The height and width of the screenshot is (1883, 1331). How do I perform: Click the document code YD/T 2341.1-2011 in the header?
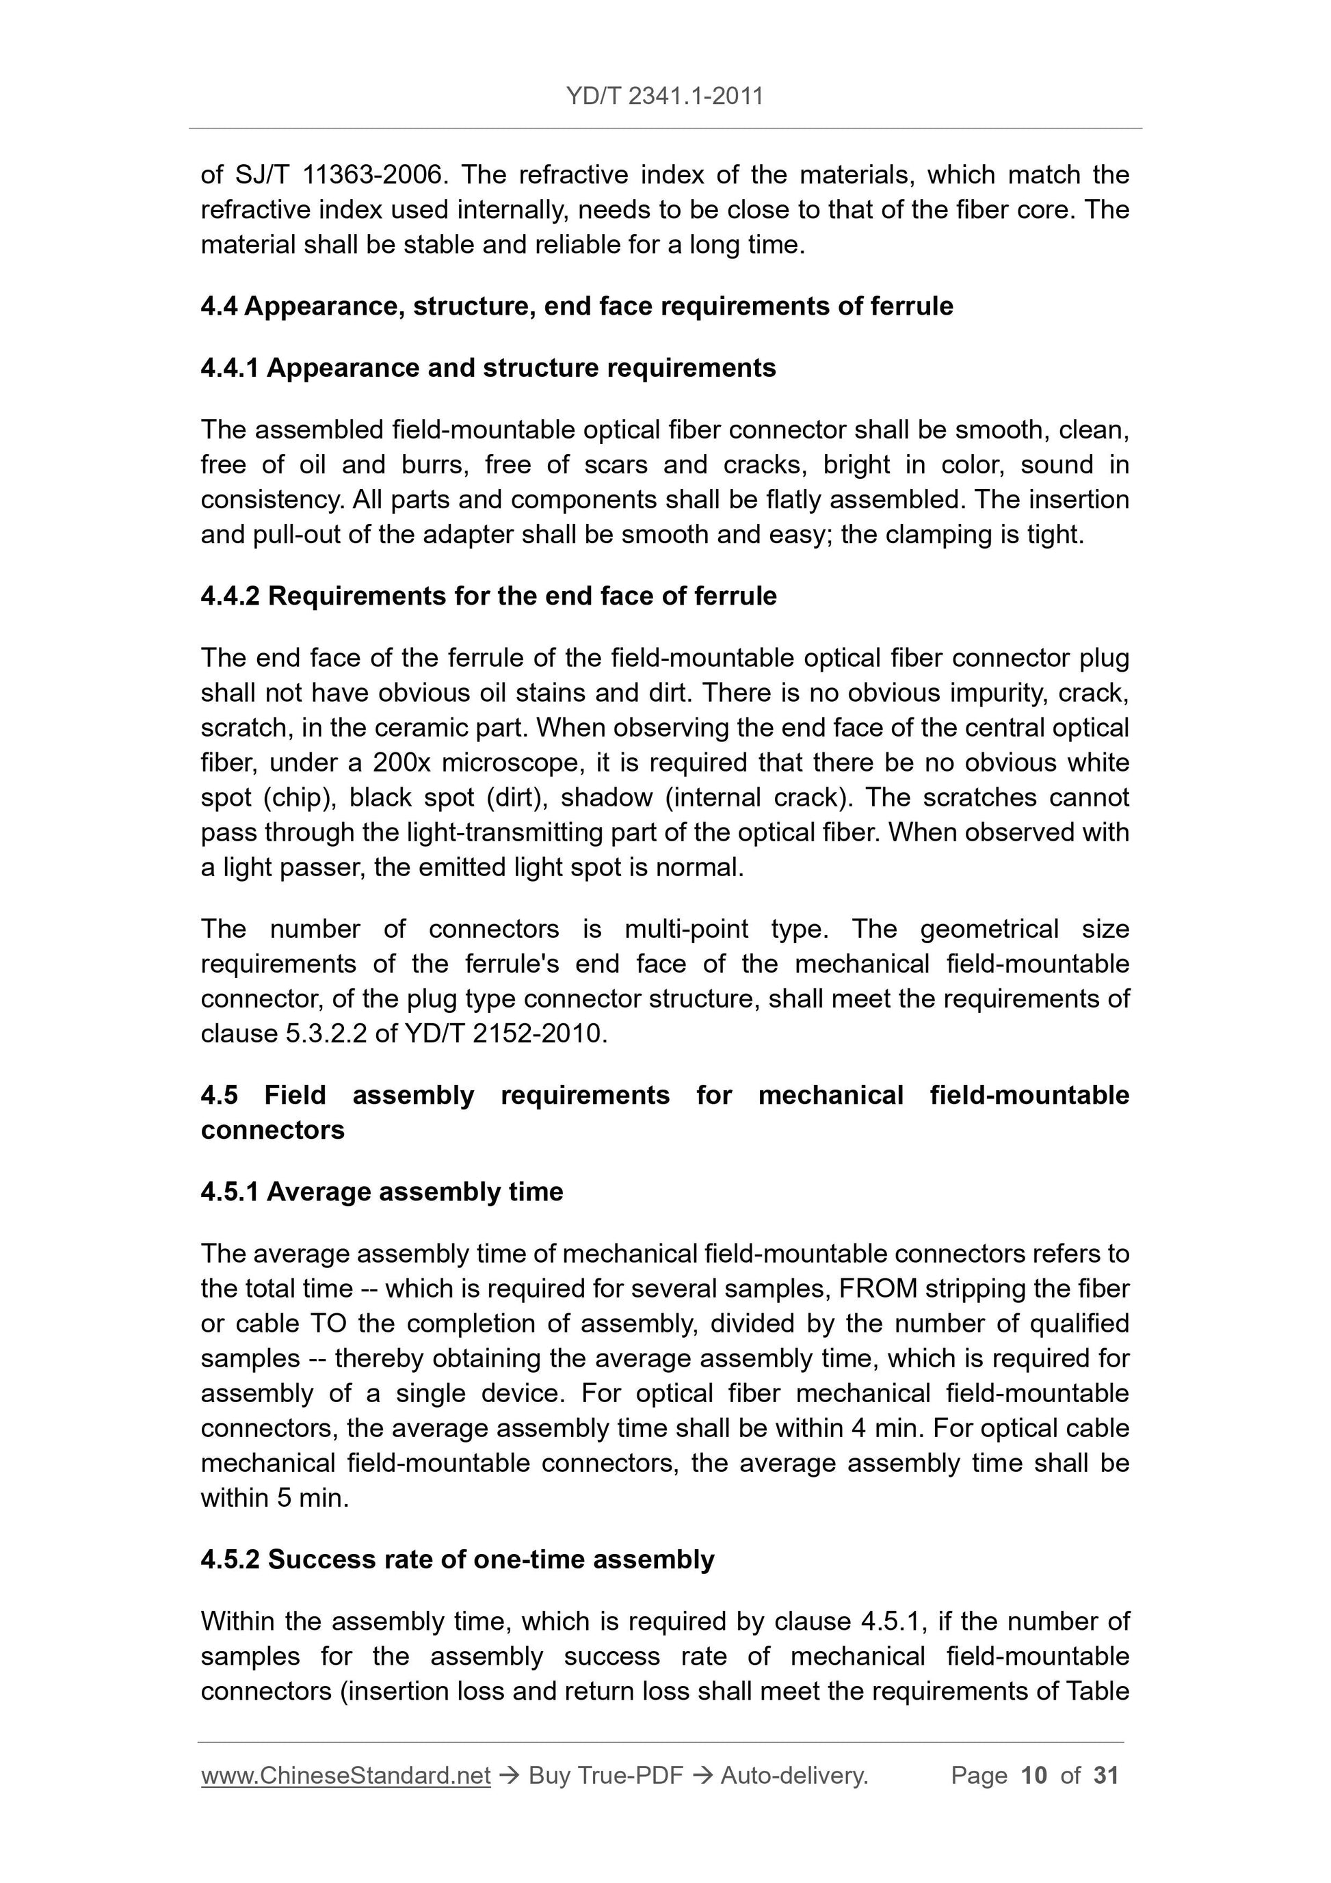tap(664, 96)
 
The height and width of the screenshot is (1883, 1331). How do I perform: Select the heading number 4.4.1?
tap(230, 368)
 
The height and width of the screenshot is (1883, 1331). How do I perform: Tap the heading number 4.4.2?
tap(230, 596)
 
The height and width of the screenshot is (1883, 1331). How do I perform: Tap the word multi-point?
tap(687, 930)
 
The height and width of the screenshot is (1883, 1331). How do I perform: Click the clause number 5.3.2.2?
tap(326, 1033)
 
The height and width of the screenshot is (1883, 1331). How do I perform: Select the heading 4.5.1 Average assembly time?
tap(382, 1191)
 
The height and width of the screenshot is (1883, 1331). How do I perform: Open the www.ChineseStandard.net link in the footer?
tap(345, 1776)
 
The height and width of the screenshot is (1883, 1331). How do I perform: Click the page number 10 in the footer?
tap(1034, 1776)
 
